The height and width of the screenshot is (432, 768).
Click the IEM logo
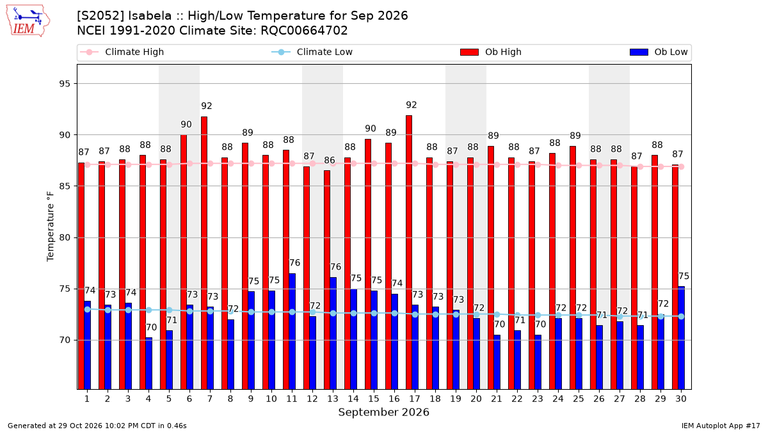pos(28,21)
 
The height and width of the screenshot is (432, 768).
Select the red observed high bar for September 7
pos(204,253)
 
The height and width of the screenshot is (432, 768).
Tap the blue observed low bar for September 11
pos(292,332)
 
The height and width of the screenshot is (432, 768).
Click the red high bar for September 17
pos(409,252)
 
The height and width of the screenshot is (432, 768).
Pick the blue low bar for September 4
pos(148,364)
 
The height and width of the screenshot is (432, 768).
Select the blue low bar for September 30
pos(681,338)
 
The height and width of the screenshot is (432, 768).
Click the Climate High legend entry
pos(122,52)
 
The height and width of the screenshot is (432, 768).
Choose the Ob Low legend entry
pos(659,52)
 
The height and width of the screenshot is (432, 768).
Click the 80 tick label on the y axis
pos(65,237)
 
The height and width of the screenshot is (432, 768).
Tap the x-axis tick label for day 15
pos(374,399)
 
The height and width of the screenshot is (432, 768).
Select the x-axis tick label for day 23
pos(538,399)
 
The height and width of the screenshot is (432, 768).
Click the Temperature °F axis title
pos(50,227)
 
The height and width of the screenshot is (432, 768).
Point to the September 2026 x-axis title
pos(383,412)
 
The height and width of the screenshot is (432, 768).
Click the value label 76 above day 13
pos(335,267)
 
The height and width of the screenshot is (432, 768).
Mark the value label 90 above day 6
pos(186,124)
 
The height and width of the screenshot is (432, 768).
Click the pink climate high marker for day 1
pos(88,165)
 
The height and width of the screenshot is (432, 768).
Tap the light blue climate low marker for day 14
pos(353,314)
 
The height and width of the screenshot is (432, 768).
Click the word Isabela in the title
pos(150,16)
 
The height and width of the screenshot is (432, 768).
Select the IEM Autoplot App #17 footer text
pos(721,426)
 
